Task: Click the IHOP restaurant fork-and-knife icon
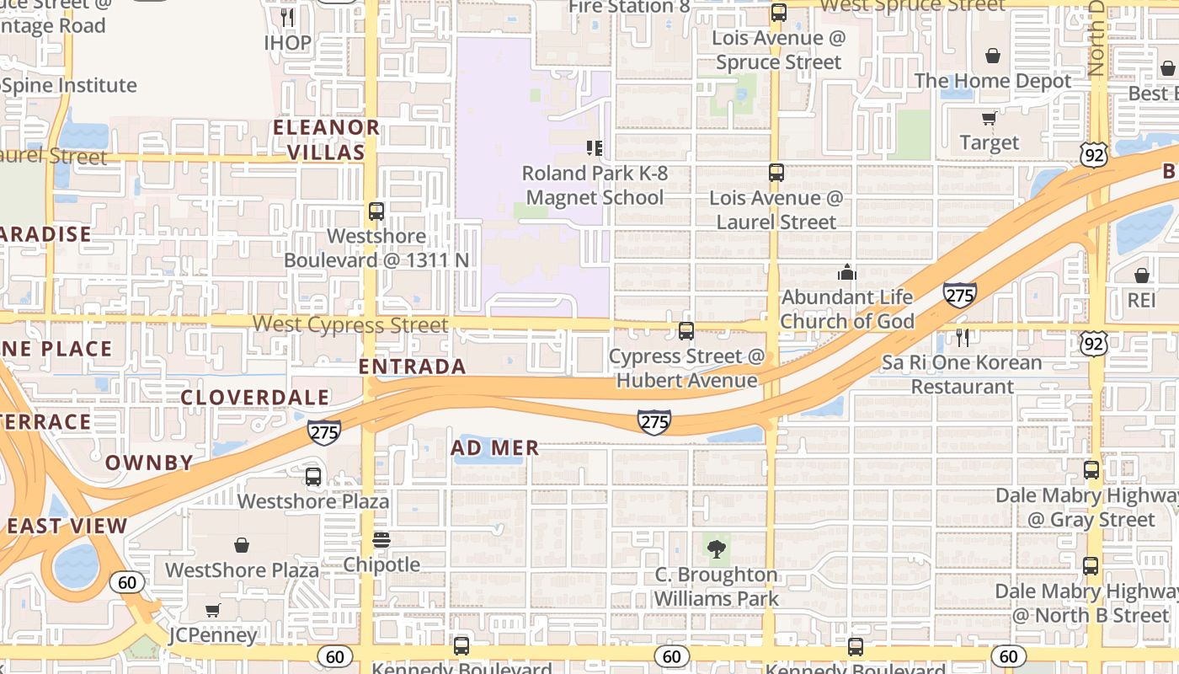287,17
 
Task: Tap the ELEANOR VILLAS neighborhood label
326,140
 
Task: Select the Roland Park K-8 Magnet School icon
595,148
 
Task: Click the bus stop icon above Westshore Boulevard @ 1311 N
376,211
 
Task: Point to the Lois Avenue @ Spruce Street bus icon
778,13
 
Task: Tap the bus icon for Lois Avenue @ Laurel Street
776,173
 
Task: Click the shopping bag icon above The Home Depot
993,56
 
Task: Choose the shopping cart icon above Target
989,118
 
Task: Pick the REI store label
1141,300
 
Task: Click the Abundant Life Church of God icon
846,272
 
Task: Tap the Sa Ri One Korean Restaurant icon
963,338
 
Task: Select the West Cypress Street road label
350,324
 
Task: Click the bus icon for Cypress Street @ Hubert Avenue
686,331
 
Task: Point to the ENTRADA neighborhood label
412,366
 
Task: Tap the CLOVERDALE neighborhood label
254,398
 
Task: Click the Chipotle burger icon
381,540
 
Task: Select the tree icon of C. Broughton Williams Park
717,550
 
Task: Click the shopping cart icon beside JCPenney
212,610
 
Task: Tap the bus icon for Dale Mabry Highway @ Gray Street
1091,470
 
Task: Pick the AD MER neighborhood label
494,448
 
